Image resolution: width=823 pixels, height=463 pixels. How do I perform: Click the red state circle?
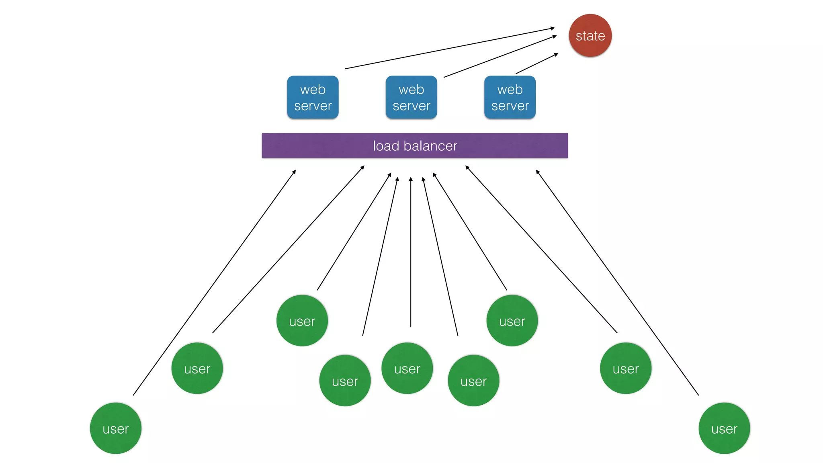tap(590, 35)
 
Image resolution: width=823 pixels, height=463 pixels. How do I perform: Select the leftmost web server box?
tap(313, 97)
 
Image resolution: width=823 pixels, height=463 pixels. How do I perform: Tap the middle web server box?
tap(411, 97)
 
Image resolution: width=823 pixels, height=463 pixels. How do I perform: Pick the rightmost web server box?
tap(510, 97)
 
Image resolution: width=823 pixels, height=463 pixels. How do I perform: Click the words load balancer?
tap(415, 146)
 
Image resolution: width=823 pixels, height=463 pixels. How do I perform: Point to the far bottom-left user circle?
tap(116, 428)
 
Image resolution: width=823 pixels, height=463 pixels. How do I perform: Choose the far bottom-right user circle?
tap(724, 428)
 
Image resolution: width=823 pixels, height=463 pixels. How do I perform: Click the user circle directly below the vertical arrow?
tap(407, 368)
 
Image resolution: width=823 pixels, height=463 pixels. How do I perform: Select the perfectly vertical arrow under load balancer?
tap(410, 253)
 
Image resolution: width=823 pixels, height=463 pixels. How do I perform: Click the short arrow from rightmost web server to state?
tap(537, 64)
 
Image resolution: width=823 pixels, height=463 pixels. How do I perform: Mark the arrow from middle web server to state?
tap(500, 56)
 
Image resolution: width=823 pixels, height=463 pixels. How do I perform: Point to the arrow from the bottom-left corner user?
tap(214, 283)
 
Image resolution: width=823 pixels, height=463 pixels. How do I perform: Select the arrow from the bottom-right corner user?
tap(617, 283)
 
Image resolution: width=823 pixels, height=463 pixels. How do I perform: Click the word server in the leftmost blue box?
tap(313, 106)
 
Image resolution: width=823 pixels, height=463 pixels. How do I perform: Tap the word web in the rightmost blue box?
tap(510, 89)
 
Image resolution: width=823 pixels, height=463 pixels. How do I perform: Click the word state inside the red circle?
tap(590, 36)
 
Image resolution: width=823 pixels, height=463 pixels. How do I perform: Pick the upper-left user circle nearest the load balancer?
tap(302, 320)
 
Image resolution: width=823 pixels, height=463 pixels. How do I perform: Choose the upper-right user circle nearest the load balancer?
tap(512, 320)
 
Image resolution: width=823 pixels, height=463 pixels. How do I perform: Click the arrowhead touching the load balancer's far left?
tap(294, 172)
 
